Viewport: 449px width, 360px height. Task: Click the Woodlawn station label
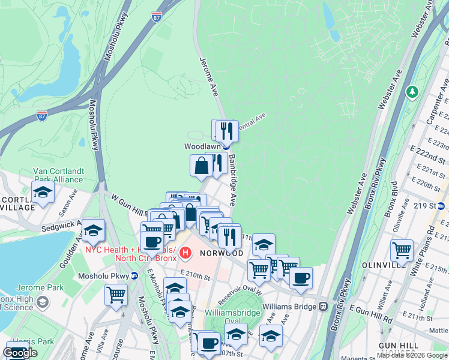(200, 146)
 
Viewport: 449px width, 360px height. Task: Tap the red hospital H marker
(185, 253)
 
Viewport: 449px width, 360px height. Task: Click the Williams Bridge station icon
(323, 305)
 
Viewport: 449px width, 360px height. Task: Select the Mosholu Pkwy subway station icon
(134, 276)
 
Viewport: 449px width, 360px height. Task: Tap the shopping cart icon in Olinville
(402, 250)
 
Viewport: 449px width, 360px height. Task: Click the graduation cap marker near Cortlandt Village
(43, 193)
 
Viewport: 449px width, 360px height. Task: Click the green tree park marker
(412, 92)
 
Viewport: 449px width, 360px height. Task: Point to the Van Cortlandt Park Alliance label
(58, 175)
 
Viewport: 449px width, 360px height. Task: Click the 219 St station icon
(441, 206)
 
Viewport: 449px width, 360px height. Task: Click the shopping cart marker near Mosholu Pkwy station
(116, 295)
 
